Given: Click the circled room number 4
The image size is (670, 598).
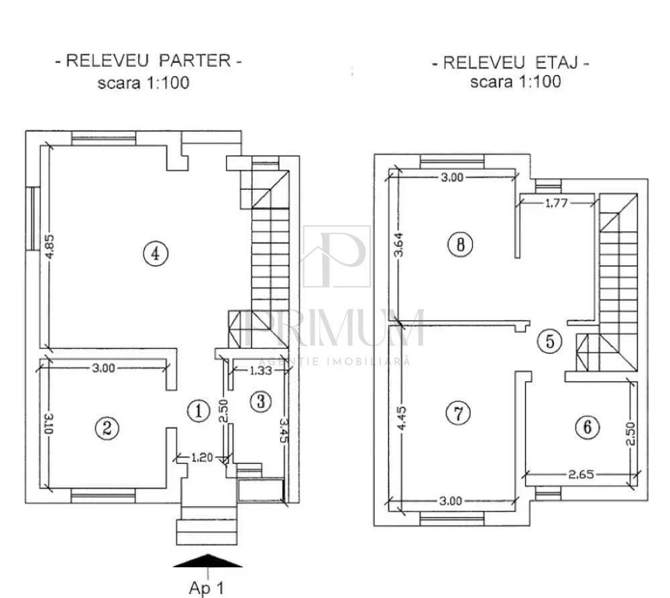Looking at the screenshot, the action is [x=156, y=253].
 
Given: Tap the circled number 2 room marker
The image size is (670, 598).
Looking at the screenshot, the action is [x=107, y=428].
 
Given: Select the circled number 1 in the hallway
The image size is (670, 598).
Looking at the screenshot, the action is [x=199, y=411].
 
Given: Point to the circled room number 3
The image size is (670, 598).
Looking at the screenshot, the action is [x=261, y=402].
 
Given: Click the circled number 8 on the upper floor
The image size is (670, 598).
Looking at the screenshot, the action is [x=460, y=245].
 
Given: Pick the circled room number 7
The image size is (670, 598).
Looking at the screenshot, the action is [x=458, y=413].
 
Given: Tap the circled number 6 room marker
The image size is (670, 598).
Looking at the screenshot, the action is [x=588, y=427].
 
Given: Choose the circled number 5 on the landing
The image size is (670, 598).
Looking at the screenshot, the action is [x=550, y=341].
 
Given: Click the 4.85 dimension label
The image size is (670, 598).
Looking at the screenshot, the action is [x=50, y=247].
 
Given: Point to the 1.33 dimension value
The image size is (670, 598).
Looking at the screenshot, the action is [x=260, y=370].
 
